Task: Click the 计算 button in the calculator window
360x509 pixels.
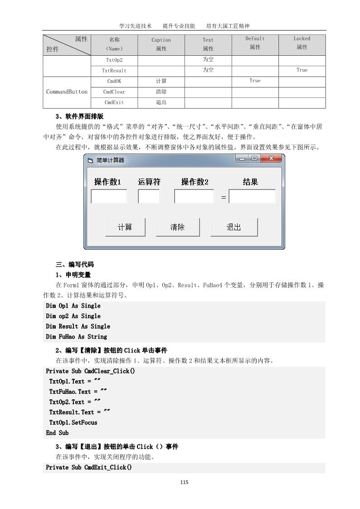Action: click(125, 227)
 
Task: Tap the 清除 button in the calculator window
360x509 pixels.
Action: click(178, 227)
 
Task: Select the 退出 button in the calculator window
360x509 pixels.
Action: click(234, 227)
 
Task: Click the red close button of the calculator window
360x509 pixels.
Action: click(271, 159)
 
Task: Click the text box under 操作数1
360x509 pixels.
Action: click(109, 197)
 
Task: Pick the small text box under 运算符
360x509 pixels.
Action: click(149, 197)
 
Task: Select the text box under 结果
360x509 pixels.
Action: click(252, 197)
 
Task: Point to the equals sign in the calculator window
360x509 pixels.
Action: click(224, 198)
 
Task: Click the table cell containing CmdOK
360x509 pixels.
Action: click(114, 81)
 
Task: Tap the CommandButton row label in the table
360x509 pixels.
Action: click(67, 92)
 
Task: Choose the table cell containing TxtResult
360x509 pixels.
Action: click(114, 70)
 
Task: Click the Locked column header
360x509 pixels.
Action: click(302, 43)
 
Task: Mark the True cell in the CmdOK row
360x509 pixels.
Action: click(255, 81)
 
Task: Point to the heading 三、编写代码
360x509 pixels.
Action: click(75, 264)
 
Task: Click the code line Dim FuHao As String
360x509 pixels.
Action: click(77, 337)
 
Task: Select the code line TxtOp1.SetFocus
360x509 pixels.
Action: click(73, 422)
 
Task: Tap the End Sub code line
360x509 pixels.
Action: click(58, 433)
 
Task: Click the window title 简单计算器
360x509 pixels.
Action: click(110, 160)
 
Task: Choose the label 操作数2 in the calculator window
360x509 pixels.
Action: click(195, 182)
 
